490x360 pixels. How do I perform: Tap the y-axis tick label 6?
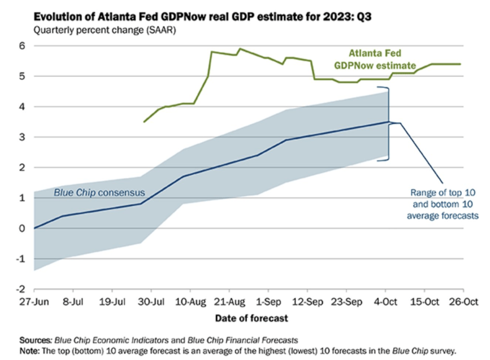22,46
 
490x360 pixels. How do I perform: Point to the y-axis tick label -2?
21,289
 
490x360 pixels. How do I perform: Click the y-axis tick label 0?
22,228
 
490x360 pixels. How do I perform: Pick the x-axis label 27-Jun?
34,303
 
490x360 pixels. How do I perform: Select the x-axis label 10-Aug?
190,303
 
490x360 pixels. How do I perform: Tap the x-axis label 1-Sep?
267,303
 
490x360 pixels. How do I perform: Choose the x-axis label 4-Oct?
385,303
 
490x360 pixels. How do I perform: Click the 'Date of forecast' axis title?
252,318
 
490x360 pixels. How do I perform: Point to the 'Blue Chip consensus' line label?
99,193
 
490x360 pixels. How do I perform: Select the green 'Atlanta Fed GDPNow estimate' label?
381,59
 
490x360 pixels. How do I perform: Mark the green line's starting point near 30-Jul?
144,122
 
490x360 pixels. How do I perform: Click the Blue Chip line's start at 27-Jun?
34,228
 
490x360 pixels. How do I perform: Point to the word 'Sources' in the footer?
34,340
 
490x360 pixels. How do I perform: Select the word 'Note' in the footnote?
28,350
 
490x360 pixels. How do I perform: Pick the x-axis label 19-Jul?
112,303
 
